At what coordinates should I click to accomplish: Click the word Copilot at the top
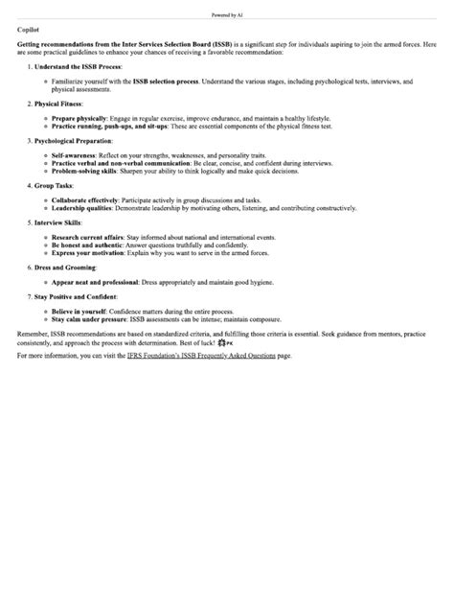(x=28, y=31)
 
